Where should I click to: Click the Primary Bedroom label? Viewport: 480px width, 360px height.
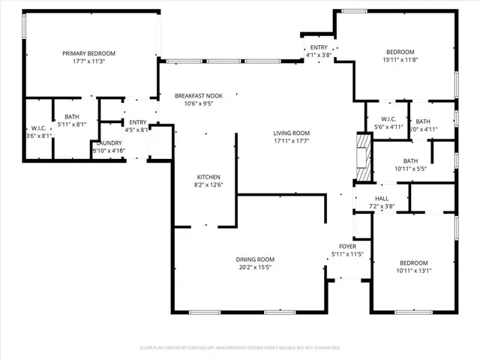(88, 52)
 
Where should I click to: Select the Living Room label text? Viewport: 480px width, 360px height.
(292, 132)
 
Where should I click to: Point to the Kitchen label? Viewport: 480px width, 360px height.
(208, 177)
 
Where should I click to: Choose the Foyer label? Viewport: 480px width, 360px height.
(347, 246)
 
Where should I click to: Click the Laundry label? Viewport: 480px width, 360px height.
(109, 142)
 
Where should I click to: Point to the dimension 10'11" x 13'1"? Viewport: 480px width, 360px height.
(414, 271)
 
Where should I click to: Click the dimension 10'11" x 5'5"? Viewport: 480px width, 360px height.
(410, 169)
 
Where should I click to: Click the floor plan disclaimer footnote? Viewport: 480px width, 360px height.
(240, 348)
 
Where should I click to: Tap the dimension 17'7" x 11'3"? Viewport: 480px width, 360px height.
(88, 61)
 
